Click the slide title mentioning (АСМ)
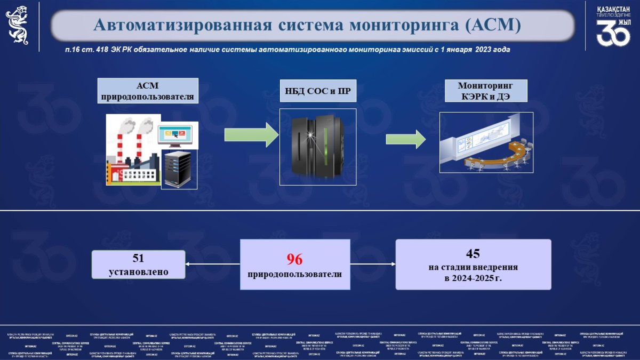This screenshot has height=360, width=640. tap(307, 25)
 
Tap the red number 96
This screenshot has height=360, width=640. tap(294, 259)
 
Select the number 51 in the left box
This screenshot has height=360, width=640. tap(139, 258)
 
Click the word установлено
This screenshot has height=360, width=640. tap(139, 271)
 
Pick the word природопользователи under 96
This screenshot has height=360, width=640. tap(294, 274)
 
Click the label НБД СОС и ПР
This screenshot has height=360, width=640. tap(317, 90)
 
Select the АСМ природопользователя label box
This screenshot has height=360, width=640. tap(148, 91)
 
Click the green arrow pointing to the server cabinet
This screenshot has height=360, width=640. tap(251, 137)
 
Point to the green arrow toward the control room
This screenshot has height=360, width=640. tap(406, 139)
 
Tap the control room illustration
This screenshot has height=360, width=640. tap(486, 143)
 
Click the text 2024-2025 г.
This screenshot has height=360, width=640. tap(473, 278)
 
